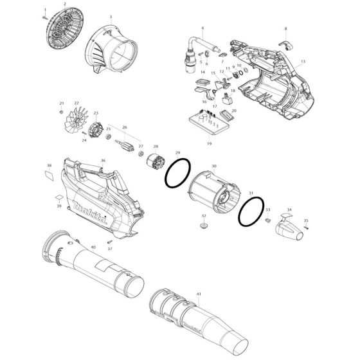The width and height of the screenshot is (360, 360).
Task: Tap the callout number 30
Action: pyautogui.click(x=214, y=165)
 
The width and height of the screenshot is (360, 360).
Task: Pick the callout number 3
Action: pyautogui.click(x=110, y=17)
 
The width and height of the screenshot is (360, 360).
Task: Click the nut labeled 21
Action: pyautogui.click(x=62, y=112)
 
